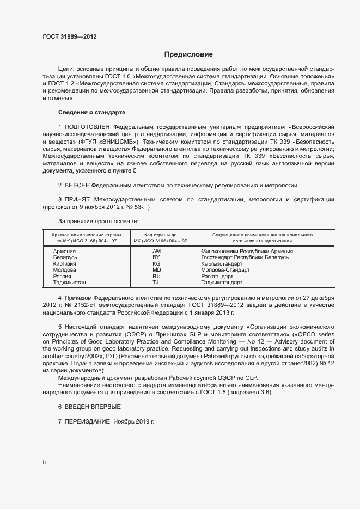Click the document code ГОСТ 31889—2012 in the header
(70, 37)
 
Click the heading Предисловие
(188, 54)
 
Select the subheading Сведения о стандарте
(91, 112)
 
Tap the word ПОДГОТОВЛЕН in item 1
(87, 126)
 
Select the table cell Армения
(64, 252)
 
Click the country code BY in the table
(156, 257)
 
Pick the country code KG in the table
(156, 264)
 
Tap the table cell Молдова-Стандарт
(225, 270)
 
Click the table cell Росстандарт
(217, 277)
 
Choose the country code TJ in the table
(156, 283)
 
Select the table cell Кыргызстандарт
(222, 264)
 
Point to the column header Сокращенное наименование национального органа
(254, 237)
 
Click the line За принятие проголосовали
(98, 221)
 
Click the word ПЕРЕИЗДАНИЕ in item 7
(88, 422)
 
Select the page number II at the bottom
(44, 463)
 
